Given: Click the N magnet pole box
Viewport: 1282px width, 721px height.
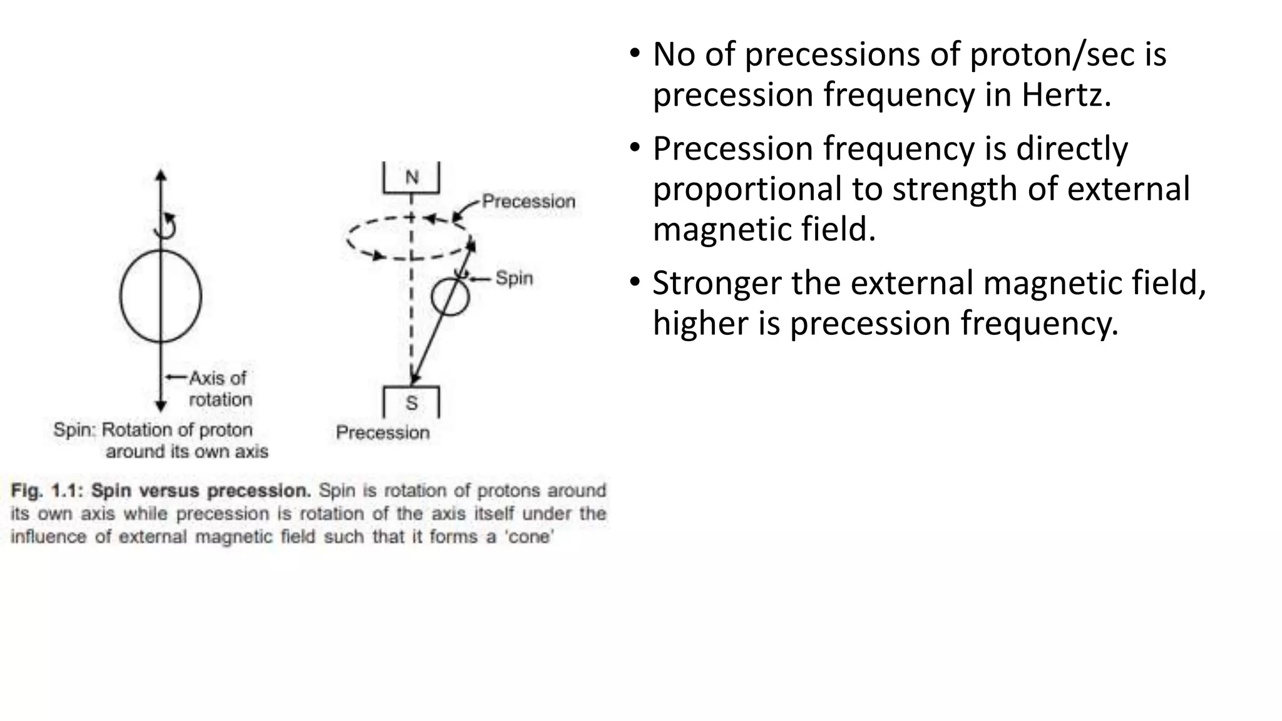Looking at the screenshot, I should pyautogui.click(x=411, y=178).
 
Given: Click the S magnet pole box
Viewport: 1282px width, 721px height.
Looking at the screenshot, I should pyautogui.click(x=411, y=402).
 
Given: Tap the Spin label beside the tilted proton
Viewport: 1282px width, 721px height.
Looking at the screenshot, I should pyautogui.click(x=514, y=278).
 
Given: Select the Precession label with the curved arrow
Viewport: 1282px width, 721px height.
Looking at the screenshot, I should pyautogui.click(x=528, y=202).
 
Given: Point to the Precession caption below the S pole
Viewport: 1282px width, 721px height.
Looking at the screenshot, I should pyautogui.click(x=382, y=432).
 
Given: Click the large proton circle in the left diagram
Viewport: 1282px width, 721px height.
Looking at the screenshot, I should pyautogui.click(x=161, y=296).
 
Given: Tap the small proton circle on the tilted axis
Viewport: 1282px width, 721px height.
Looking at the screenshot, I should pyautogui.click(x=450, y=297).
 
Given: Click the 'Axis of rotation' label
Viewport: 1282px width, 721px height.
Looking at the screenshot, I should pyautogui.click(x=219, y=389).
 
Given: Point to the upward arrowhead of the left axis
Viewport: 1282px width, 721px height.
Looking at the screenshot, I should pyautogui.click(x=161, y=175).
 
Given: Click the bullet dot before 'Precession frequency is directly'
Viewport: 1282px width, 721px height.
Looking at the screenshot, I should pyautogui.click(x=635, y=148).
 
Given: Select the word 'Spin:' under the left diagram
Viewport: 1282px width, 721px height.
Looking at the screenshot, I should pyautogui.click(x=74, y=430).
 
